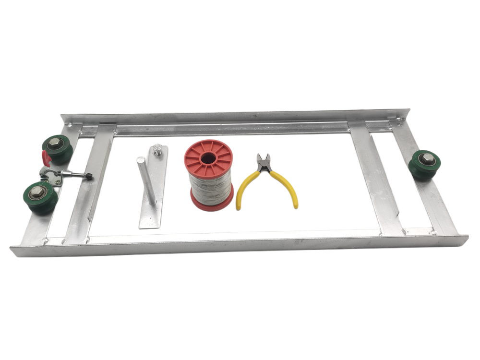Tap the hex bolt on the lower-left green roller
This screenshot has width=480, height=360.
pyautogui.click(x=37, y=193)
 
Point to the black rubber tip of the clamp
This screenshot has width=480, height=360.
pyautogui.click(x=88, y=177)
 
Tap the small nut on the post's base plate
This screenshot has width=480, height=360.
pyautogui.click(x=157, y=151)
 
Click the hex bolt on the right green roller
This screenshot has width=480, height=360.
pyautogui.click(x=427, y=159)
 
